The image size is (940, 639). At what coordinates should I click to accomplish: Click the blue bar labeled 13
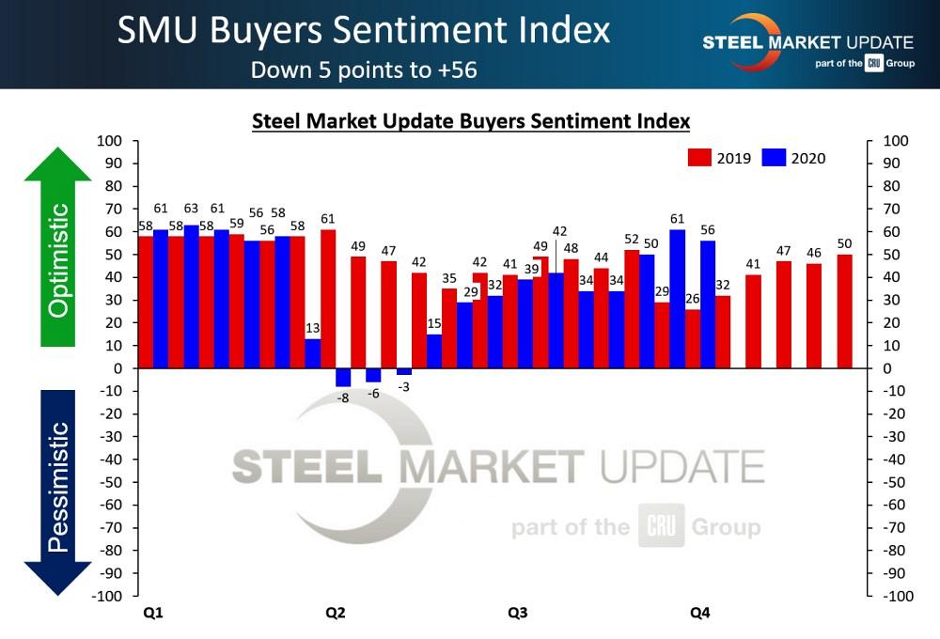click(312, 353)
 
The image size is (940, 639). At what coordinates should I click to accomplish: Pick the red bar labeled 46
click(814, 316)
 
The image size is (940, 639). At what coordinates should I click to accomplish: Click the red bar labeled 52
click(632, 309)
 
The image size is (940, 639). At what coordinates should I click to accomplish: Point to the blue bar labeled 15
click(433, 351)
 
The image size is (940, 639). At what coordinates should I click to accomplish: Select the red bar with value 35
click(449, 329)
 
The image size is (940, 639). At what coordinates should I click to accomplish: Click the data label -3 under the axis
click(404, 387)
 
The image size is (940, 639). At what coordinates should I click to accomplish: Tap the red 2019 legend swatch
click(699, 158)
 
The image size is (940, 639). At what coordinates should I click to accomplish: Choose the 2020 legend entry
click(794, 158)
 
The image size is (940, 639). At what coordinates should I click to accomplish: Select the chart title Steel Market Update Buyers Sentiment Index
click(471, 121)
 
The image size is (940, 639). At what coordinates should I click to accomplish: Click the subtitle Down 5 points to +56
click(364, 70)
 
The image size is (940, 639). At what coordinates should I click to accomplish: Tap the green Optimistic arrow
click(58, 248)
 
